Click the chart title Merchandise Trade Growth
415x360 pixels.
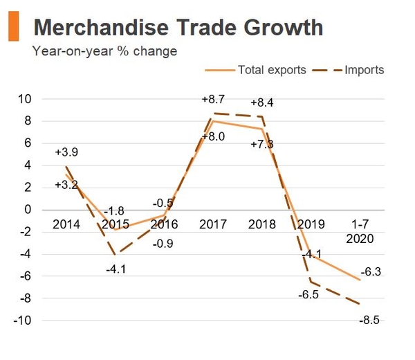tap(178, 28)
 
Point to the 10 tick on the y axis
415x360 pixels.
tap(25, 99)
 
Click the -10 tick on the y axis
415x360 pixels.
tap(23, 321)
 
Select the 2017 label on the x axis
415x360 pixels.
tap(212, 225)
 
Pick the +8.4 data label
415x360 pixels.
tap(262, 102)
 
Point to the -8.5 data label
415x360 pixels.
tap(370, 320)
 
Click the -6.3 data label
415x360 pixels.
tap(370, 272)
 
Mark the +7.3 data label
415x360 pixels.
tap(262, 143)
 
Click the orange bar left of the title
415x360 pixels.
tap(13, 27)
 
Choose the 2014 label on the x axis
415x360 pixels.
tap(66, 225)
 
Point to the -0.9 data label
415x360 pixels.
tap(164, 243)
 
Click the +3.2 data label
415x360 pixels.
tap(67, 185)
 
